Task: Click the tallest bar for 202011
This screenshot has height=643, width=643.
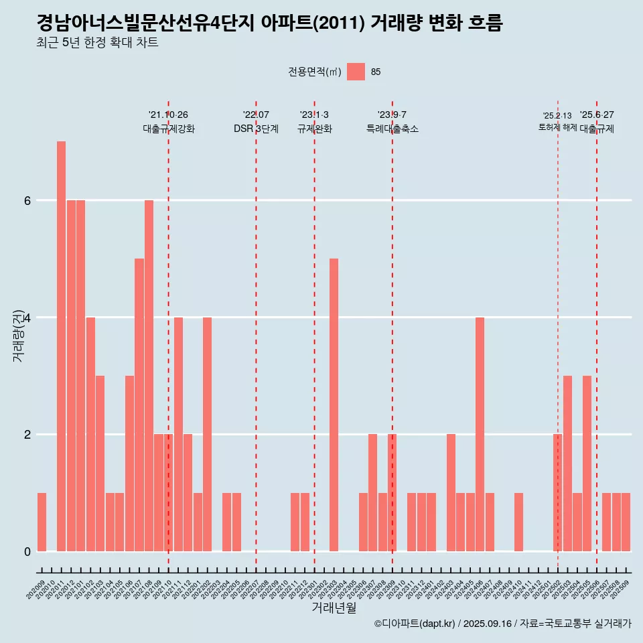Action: (61, 346)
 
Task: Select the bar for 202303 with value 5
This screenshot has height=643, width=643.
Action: (334, 405)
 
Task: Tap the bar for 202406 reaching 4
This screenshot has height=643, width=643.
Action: (480, 434)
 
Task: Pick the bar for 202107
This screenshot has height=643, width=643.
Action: (139, 405)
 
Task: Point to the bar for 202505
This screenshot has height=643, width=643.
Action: (587, 463)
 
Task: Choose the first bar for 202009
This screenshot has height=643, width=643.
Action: (42, 522)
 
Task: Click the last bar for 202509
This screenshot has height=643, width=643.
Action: (626, 522)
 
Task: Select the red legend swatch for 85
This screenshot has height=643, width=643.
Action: (356, 72)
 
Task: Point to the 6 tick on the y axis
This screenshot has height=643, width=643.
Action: (27, 200)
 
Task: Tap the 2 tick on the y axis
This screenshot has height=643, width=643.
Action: (27, 434)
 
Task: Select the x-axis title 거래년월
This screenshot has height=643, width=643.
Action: (334, 608)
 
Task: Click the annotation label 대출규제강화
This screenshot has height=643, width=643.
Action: (169, 129)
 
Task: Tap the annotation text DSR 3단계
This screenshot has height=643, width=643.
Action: (256, 129)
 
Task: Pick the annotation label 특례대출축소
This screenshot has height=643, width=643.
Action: (392, 129)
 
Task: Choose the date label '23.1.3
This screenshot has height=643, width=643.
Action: (314, 115)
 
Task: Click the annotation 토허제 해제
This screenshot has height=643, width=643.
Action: (557, 127)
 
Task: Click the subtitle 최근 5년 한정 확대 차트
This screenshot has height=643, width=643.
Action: (98, 44)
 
